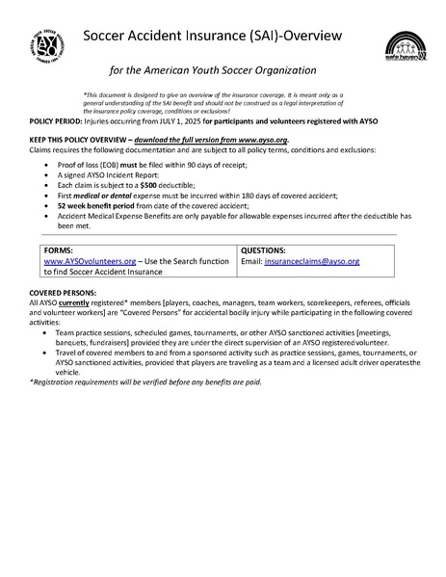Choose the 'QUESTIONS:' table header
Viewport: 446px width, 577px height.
click(263, 249)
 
